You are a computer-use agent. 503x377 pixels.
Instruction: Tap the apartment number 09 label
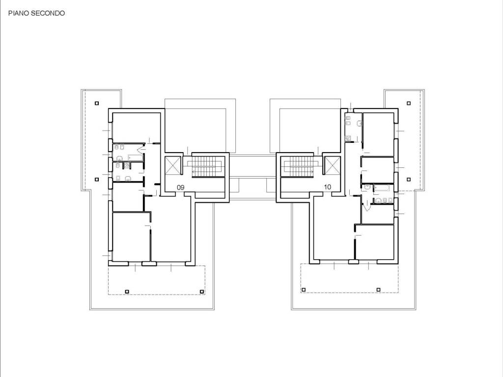pos(181,187)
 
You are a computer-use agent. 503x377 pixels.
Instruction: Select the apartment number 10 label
pos(328,187)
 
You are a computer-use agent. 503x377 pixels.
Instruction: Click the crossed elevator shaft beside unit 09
pos(173,165)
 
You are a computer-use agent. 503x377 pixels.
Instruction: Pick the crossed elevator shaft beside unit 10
pos(332,165)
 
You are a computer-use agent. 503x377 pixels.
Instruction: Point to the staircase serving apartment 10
pos(298,166)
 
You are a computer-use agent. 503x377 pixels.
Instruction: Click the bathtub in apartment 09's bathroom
pos(136,158)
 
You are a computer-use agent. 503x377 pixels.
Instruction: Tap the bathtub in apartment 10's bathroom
pos(382,188)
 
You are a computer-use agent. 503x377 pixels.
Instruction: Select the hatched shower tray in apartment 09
pos(128,165)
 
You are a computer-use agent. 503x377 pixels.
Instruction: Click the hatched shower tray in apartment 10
pos(348,138)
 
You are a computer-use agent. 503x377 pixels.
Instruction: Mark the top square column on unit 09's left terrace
pos(97,103)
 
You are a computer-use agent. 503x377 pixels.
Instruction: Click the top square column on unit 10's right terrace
pos(409,103)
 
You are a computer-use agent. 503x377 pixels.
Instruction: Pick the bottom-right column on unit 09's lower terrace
pos(202,292)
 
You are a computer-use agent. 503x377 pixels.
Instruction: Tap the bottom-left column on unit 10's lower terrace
pos(304,290)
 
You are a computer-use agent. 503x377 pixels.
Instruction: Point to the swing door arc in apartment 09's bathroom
pos(140,149)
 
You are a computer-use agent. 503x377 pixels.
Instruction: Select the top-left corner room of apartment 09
pos(137,126)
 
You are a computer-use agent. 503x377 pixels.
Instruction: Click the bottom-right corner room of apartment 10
pos(375,242)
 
